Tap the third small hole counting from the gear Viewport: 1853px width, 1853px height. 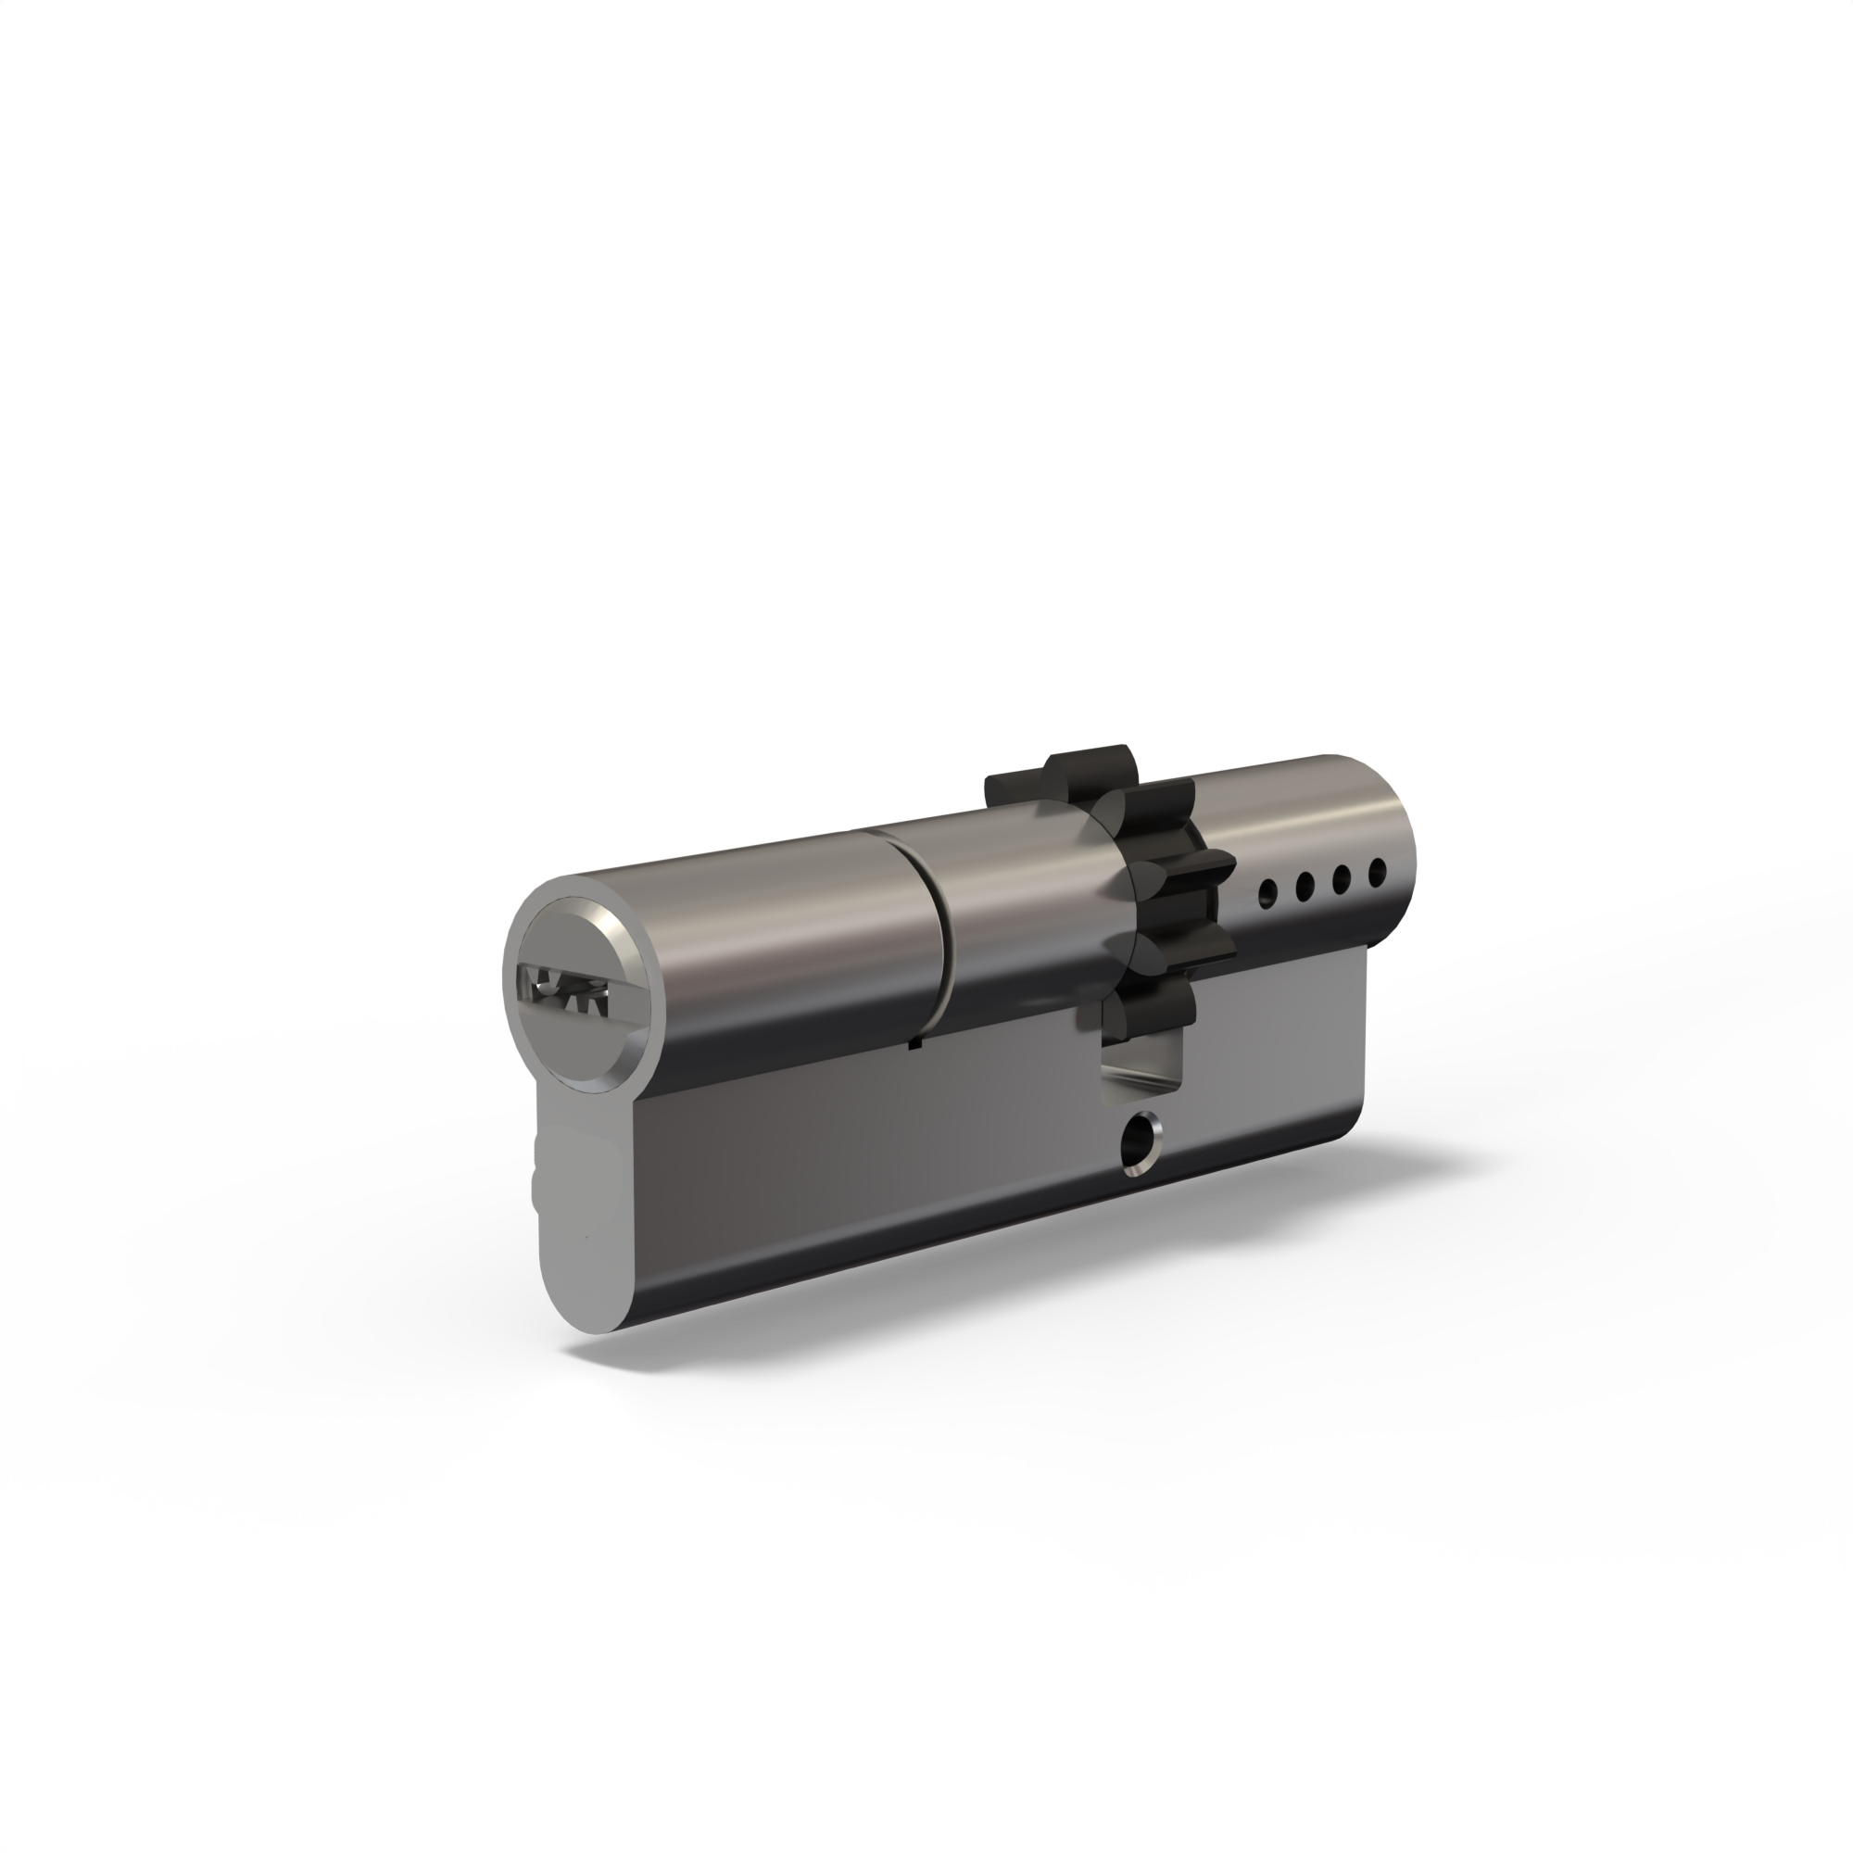(x=1342, y=878)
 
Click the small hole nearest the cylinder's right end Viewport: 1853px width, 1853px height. (x=1378, y=872)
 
